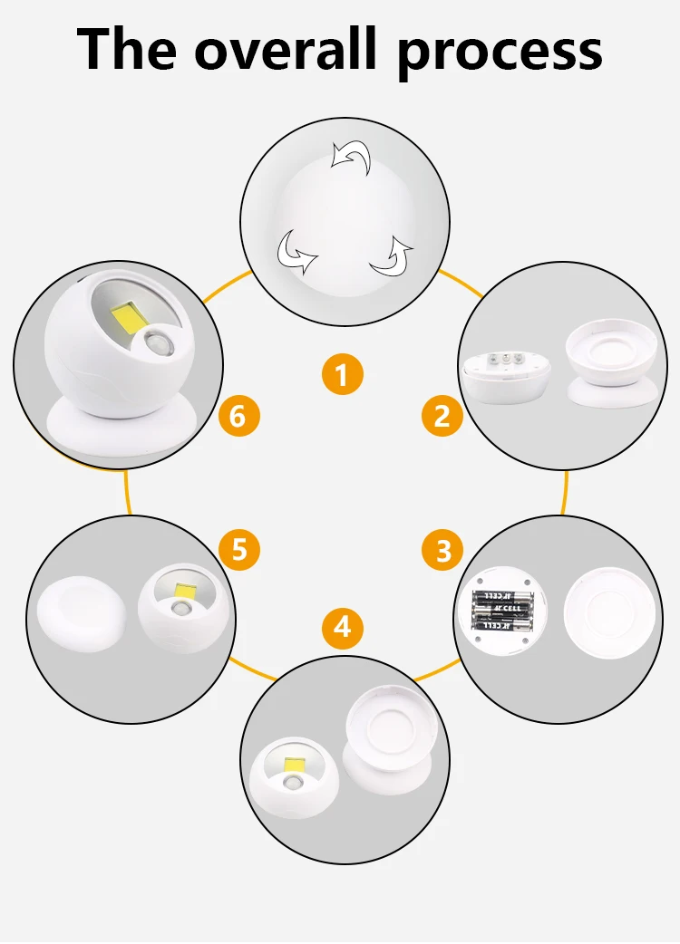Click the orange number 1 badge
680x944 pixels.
click(x=342, y=374)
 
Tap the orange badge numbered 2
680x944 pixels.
click(x=442, y=416)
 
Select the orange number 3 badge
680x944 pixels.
click(x=443, y=550)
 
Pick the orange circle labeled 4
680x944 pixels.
click(x=342, y=626)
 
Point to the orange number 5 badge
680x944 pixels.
click(x=239, y=550)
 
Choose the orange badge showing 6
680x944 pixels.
click(x=238, y=416)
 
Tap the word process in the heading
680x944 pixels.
click(x=500, y=52)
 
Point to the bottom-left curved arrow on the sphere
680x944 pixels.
click(x=296, y=250)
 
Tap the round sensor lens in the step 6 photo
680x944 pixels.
click(x=159, y=346)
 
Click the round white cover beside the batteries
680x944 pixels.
click(x=608, y=612)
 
